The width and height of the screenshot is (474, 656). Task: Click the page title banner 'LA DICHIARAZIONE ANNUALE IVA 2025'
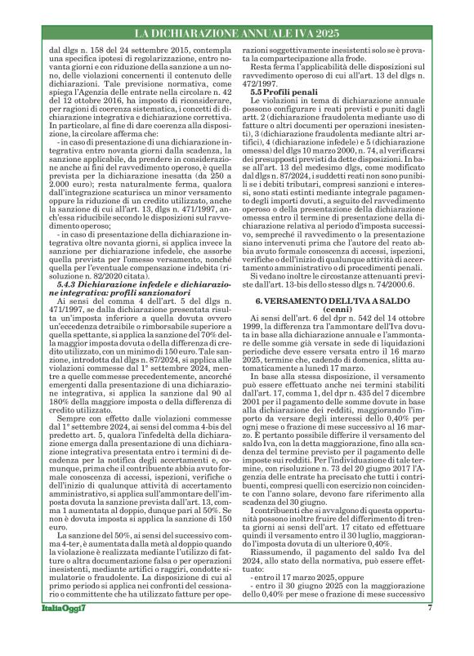click(236, 33)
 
